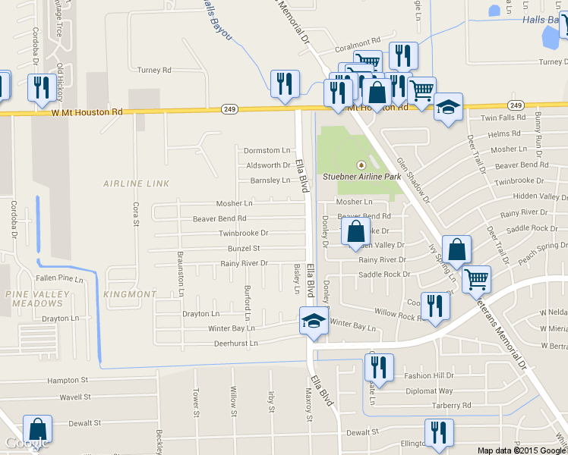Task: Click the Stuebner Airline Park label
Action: click(x=361, y=177)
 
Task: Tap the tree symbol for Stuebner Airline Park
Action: click(x=361, y=165)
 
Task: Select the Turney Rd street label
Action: click(x=154, y=70)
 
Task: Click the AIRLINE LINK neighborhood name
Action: click(x=136, y=184)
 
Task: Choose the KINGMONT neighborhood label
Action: click(x=130, y=293)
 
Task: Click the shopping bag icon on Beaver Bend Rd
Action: click(x=355, y=231)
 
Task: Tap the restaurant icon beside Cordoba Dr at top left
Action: click(x=39, y=87)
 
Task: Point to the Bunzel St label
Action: click(x=244, y=248)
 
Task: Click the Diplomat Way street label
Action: click(x=428, y=391)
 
